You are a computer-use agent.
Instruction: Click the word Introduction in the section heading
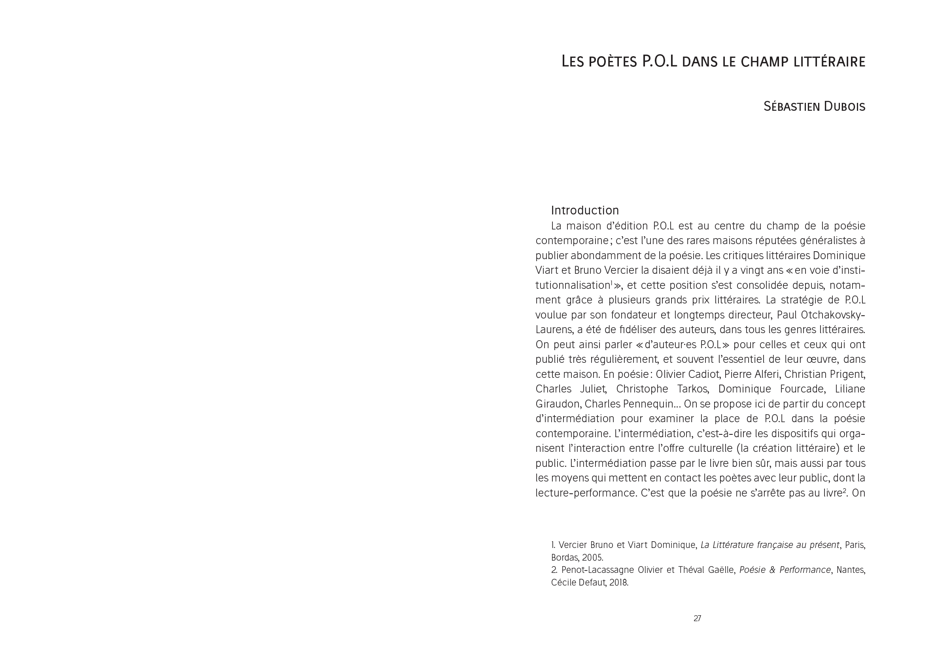click(584, 210)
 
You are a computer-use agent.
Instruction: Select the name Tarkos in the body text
click(693, 389)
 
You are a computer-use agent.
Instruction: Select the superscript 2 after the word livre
click(845, 490)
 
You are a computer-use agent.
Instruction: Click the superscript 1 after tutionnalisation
click(611, 282)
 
